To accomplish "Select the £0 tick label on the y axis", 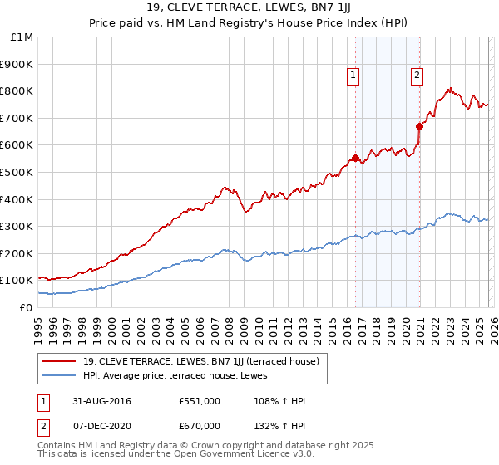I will (26, 307).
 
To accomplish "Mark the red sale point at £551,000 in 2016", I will (355, 158).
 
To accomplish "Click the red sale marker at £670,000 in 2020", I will (419, 126).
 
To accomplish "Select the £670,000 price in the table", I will (199, 425).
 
